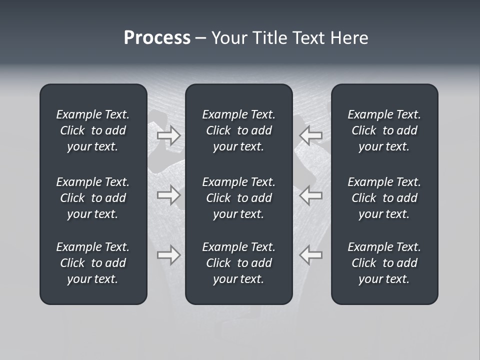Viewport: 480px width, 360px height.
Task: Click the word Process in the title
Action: click(157, 38)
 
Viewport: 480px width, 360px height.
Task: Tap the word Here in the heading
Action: click(349, 38)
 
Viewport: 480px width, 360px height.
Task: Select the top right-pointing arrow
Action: click(168, 135)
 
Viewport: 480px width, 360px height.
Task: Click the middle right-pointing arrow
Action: click(168, 195)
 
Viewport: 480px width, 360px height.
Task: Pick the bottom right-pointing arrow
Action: click(168, 255)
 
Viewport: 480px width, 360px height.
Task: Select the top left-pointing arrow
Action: click(311, 135)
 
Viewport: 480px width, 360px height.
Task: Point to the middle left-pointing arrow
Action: click(311, 195)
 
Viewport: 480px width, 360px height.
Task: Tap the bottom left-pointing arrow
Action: click(311, 255)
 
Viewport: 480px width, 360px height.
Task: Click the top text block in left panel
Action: click(93, 130)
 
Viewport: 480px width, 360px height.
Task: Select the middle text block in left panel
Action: click(93, 198)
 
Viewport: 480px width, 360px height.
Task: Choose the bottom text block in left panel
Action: click(93, 263)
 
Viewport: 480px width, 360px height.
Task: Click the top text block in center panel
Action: click(238, 130)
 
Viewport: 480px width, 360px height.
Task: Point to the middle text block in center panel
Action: click(238, 198)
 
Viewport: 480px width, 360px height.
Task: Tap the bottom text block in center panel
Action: click(238, 263)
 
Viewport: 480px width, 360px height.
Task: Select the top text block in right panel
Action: click(384, 130)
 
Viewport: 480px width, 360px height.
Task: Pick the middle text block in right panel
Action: click(384, 198)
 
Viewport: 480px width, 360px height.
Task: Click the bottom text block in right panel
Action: click(384, 263)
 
